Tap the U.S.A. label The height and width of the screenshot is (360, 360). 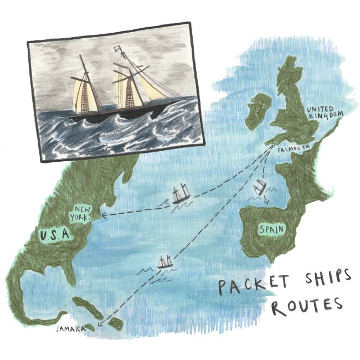click(x=56, y=236)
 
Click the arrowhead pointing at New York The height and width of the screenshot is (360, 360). click(x=104, y=213)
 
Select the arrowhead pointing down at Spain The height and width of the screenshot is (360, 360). click(x=265, y=202)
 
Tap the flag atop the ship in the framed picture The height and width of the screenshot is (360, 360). click(x=118, y=52)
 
